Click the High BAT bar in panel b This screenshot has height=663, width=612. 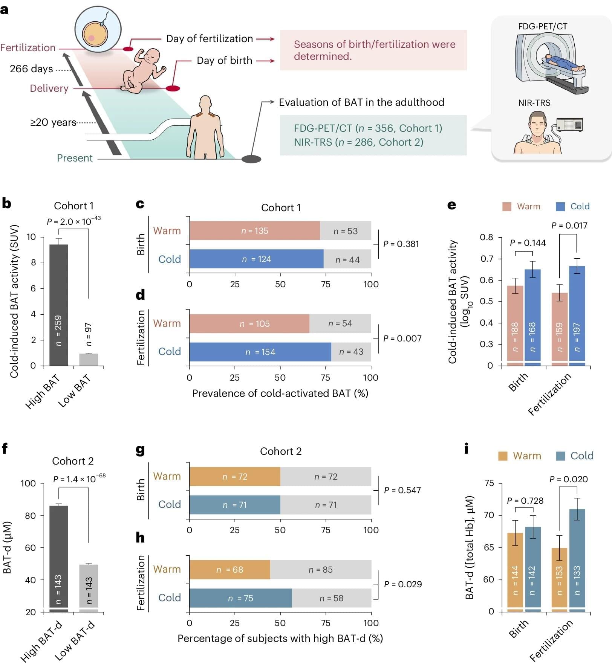pyautogui.click(x=59, y=305)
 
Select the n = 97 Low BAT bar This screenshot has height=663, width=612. pyautogui.click(x=89, y=359)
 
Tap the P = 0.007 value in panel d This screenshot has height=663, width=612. pyautogui.click(x=402, y=338)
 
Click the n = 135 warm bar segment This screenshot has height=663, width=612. pyautogui.click(x=255, y=231)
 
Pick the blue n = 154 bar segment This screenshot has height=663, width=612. pyautogui.click(x=260, y=352)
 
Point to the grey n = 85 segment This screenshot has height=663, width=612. pyautogui.click(x=321, y=570)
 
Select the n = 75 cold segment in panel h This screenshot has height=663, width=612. pyautogui.click(x=240, y=598)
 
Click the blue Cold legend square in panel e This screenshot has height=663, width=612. pyautogui.click(x=560, y=206)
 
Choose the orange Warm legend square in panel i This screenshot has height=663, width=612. pyautogui.click(x=503, y=456)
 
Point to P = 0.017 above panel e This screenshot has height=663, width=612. pyautogui.click(x=569, y=226)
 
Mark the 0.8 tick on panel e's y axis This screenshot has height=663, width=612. pyautogui.click(x=487, y=237)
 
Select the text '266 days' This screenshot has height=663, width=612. pyautogui.click(x=31, y=69)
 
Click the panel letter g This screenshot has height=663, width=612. pyautogui.click(x=140, y=450)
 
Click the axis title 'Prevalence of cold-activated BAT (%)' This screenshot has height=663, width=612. pyautogui.click(x=280, y=393)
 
